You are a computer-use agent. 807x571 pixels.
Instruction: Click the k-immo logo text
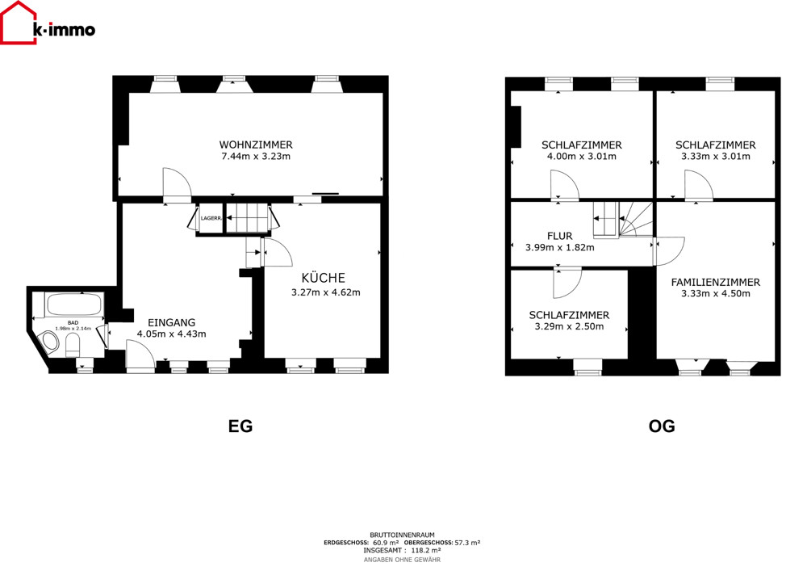coord(64,30)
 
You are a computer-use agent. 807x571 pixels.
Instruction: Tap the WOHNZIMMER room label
coord(256,145)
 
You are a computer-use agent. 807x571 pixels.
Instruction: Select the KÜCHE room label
coord(324,278)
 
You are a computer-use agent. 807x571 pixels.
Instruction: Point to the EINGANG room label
coord(171,323)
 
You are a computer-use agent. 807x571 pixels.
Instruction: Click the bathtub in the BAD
coord(73,305)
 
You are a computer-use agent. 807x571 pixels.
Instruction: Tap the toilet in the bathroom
coord(73,344)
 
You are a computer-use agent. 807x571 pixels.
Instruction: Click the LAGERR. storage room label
coord(211,218)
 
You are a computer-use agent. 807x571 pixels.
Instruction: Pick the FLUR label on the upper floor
coord(560,237)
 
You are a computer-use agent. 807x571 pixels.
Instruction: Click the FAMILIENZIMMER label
coord(715,282)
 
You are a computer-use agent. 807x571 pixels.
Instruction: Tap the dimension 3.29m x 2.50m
coord(569,326)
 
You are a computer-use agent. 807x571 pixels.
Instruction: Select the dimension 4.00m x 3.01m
coord(582,157)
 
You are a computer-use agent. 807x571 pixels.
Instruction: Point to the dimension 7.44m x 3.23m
coord(256,157)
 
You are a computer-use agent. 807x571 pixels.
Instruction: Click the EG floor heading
coord(240,426)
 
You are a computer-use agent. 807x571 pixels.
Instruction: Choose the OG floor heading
coord(662,426)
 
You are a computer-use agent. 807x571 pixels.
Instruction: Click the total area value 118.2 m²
coord(425,550)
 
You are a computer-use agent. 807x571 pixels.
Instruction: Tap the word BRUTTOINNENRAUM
coord(402,535)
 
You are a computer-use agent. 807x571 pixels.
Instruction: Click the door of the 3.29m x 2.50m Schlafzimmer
coord(567,283)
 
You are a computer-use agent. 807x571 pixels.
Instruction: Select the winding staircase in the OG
coord(635,220)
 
